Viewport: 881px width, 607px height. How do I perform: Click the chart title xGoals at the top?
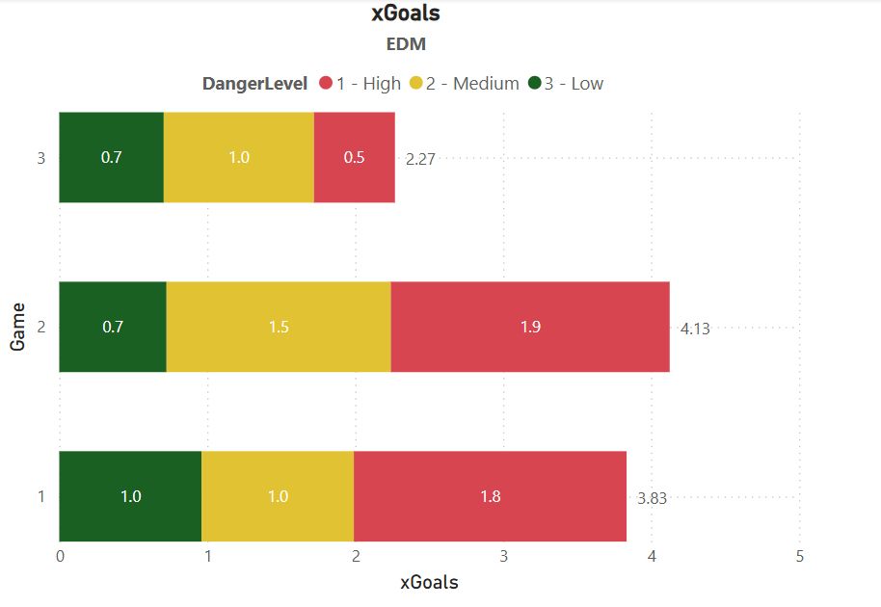coord(406,13)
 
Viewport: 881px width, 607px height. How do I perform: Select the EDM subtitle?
coord(406,43)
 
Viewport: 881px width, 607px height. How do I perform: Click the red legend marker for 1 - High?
coord(326,84)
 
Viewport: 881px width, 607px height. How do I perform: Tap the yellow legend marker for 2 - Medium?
coord(416,84)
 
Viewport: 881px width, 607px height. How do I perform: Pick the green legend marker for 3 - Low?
coord(535,84)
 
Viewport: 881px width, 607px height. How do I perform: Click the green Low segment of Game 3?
coord(111,157)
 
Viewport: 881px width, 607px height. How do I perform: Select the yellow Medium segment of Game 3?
coord(238,157)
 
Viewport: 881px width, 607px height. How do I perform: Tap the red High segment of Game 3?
coord(354,157)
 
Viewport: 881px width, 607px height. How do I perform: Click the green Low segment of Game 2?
coord(112,327)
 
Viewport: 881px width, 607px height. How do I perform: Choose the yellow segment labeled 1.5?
coord(279,327)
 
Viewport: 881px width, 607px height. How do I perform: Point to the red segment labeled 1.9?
coord(529,327)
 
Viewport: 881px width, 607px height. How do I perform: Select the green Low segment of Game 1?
coord(130,496)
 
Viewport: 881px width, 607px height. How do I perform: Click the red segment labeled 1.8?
coord(490,496)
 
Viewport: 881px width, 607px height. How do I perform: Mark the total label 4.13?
coord(695,329)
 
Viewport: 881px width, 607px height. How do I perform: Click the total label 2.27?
coord(420,159)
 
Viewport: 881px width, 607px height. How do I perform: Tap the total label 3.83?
coord(653,498)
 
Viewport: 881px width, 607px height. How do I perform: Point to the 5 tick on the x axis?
coord(800,556)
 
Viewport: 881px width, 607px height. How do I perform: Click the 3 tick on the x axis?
coord(504,556)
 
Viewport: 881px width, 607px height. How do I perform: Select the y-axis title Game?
coord(18,327)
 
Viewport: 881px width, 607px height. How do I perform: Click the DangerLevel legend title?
coord(254,84)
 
